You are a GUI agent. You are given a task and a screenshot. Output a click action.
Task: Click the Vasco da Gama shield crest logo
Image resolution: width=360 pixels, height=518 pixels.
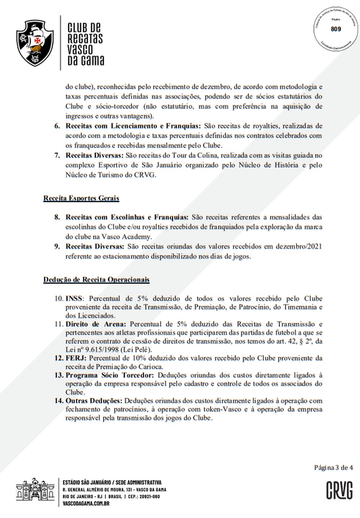tap(35, 43)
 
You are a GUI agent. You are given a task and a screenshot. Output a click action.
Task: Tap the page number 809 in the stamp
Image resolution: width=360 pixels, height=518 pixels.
tap(336, 29)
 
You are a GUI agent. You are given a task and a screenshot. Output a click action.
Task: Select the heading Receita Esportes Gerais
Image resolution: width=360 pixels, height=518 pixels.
tap(81, 198)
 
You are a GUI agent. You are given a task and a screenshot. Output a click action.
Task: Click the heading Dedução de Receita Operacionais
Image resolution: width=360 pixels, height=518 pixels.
tap(96, 280)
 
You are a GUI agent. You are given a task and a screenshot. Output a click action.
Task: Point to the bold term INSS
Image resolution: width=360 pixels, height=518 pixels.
tap(74, 299)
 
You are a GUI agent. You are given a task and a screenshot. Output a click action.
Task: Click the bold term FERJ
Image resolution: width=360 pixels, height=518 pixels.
tap(75, 358)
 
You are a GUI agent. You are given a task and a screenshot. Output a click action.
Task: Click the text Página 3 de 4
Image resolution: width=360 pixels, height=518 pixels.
tap(333, 468)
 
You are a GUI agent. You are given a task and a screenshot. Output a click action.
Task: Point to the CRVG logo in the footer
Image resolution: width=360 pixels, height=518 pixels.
tap(339, 490)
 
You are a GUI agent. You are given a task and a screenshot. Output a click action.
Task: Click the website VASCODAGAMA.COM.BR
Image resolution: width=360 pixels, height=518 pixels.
tap(86, 504)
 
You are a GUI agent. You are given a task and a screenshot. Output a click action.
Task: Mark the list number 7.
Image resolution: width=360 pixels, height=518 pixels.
tap(57, 155)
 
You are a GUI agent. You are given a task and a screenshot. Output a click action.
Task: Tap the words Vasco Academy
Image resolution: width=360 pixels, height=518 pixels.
tap(132, 237)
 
